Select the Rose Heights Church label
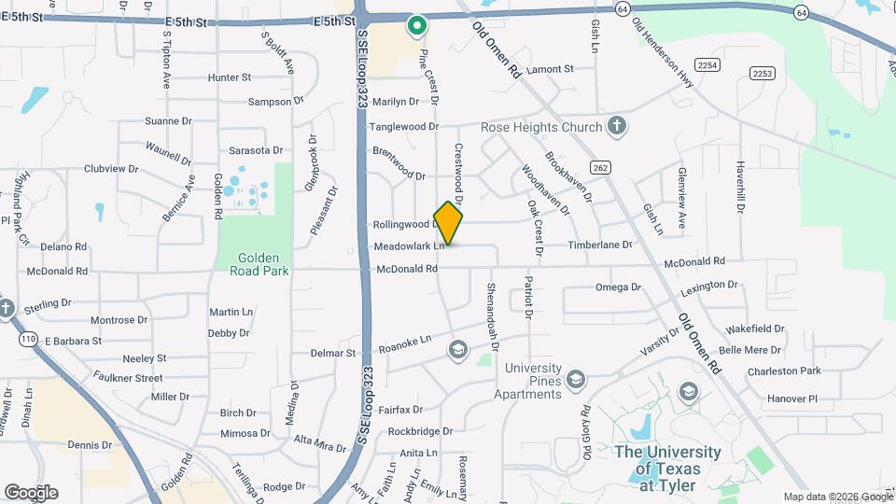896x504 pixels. pyautogui.click(x=542, y=127)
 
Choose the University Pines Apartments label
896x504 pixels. pyautogui.click(x=534, y=381)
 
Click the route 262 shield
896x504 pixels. pyautogui.click(x=600, y=167)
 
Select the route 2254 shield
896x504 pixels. pyautogui.click(x=708, y=64)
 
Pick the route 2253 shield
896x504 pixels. pyautogui.click(x=763, y=73)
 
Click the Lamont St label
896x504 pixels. pyautogui.click(x=550, y=69)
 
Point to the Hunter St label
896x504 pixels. pyautogui.click(x=230, y=77)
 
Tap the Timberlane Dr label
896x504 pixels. pyautogui.click(x=601, y=245)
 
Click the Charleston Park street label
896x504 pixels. pyautogui.click(x=783, y=371)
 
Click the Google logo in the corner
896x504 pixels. pyautogui.click(x=31, y=492)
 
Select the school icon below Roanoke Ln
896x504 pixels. pyautogui.click(x=457, y=350)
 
